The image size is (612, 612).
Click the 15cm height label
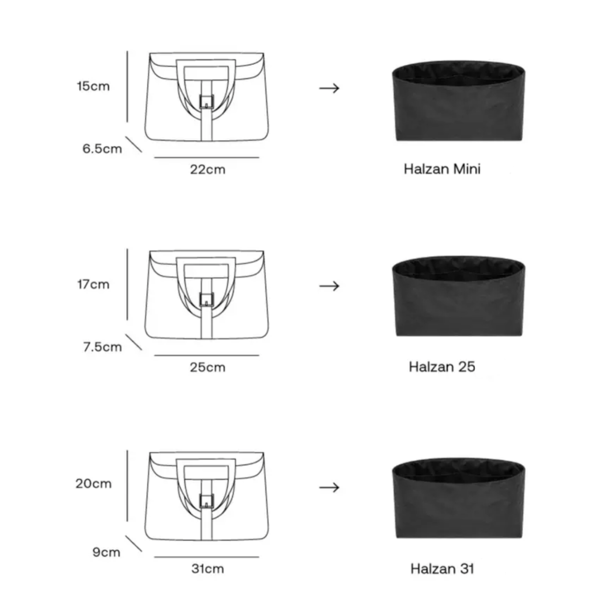pyautogui.click(x=93, y=86)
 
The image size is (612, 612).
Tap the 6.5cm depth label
pyautogui.click(x=103, y=148)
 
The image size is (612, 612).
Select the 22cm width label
pyautogui.click(x=208, y=170)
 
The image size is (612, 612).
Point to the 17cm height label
pyautogui.click(x=93, y=284)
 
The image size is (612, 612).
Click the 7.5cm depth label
pyautogui.click(x=103, y=347)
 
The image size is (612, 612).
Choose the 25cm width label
pyautogui.click(x=208, y=367)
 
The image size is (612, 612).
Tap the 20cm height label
pyautogui.click(x=94, y=483)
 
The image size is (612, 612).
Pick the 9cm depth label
pyautogui.click(x=107, y=552)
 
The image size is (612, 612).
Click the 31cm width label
pyautogui.click(x=208, y=569)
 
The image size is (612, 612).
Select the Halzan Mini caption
pyautogui.click(x=442, y=169)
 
